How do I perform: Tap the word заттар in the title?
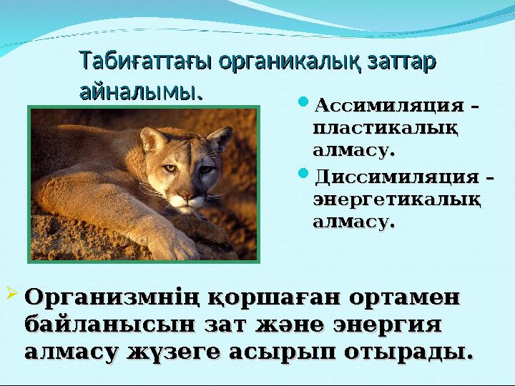coord(402,61)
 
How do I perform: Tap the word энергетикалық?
coord(396,199)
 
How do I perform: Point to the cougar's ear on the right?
coord(220,139)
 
